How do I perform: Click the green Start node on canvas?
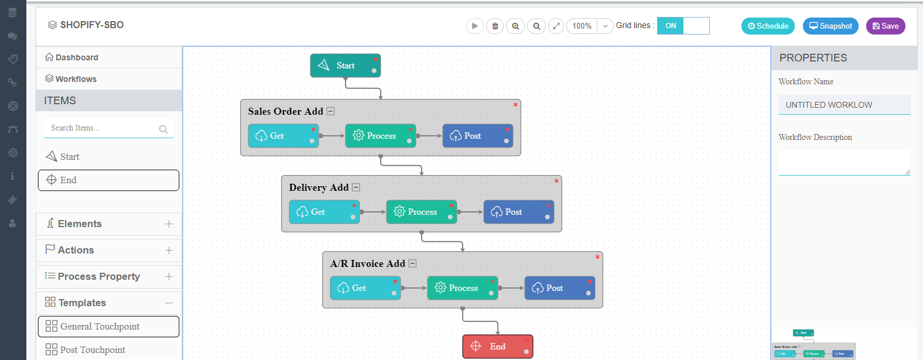pos(345,66)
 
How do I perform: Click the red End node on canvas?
pos(497,347)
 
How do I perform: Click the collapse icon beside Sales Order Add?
pos(330,111)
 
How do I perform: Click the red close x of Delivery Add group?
pos(556,181)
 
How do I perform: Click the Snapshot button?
pos(830,26)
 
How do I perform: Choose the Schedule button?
pos(768,26)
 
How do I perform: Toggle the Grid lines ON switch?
pos(683,26)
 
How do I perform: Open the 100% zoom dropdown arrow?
pos(605,26)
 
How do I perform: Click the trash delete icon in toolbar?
pos(495,26)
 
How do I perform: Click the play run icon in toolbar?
pos(475,26)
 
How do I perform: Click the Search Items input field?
pos(102,128)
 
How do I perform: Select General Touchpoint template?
pos(108,327)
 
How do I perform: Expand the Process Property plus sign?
pos(169,276)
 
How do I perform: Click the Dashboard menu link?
pos(77,57)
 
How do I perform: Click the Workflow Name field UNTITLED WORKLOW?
pos(844,105)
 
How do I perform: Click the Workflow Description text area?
pos(844,163)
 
